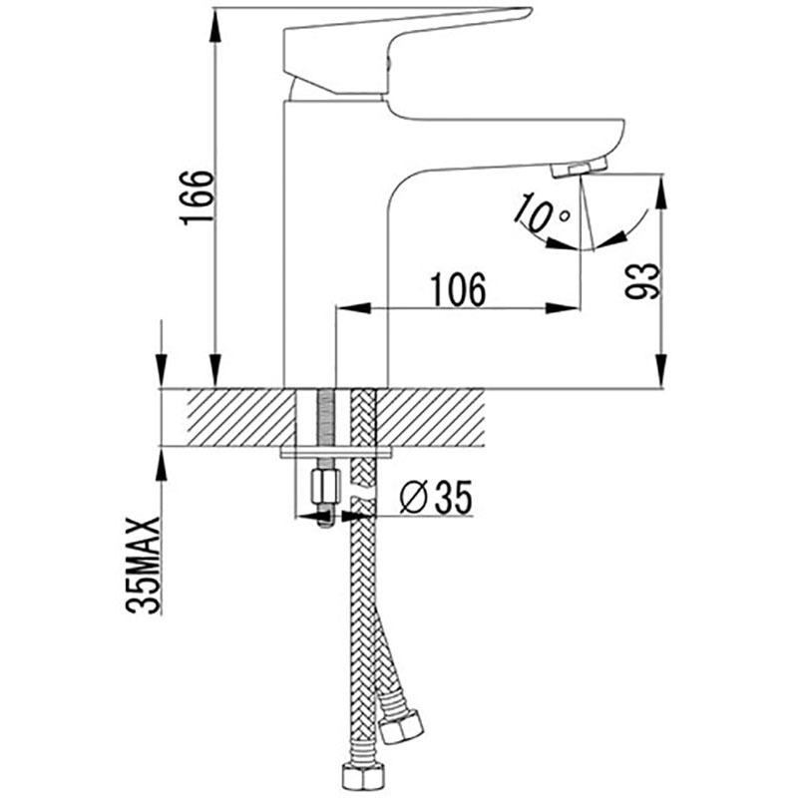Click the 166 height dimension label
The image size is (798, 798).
pyautogui.click(x=197, y=198)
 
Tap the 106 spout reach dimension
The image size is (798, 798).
pyautogui.click(x=458, y=289)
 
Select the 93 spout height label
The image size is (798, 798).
pyautogui.click(x=642, y=281)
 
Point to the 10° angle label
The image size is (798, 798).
pyautogui.click(x=541, y=210)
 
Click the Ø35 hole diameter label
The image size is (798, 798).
pyautogui.click(x=436, y=497)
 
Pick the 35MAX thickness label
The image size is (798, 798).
pyautogui.click(x=143, y=566)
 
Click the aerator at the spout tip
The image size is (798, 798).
pyautogui.click(x=580, y=168)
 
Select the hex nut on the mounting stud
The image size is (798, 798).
pyautogui.click(x=325, y=486)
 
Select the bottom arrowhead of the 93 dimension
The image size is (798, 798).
pyautogui.click(x=661, y=372)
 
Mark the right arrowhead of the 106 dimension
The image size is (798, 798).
pyautogui.click(x=563, y=308)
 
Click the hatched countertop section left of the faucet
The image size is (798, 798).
pyautogui.click(x=241, y=418)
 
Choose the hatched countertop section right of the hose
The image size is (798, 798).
pyautogui.click(x=430, y=418)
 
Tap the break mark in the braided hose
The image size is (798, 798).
pyautogui.click(x=363, y=493)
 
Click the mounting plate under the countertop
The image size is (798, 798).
pyautogui.click(x=336, y=453)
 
